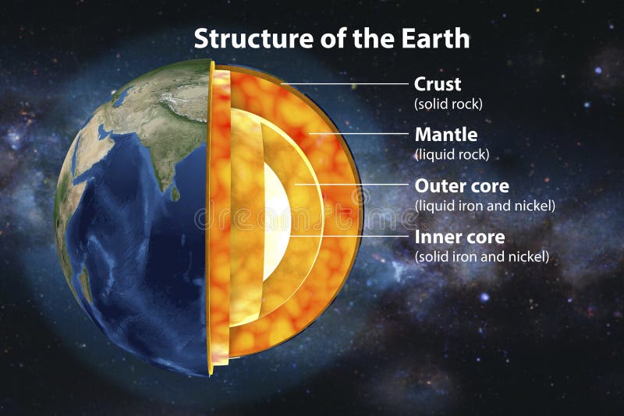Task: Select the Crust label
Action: pos(438,83)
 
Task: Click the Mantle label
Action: pos(446,135)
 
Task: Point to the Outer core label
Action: pos(462,186)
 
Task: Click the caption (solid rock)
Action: pos(448,103)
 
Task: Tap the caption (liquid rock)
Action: pos(452,154)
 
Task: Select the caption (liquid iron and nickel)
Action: pos(484,206)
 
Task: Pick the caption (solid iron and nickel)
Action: pos(482,256)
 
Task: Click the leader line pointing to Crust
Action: pos(343,83)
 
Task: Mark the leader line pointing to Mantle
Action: pos(359,134)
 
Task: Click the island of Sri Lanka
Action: pos(175,192)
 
